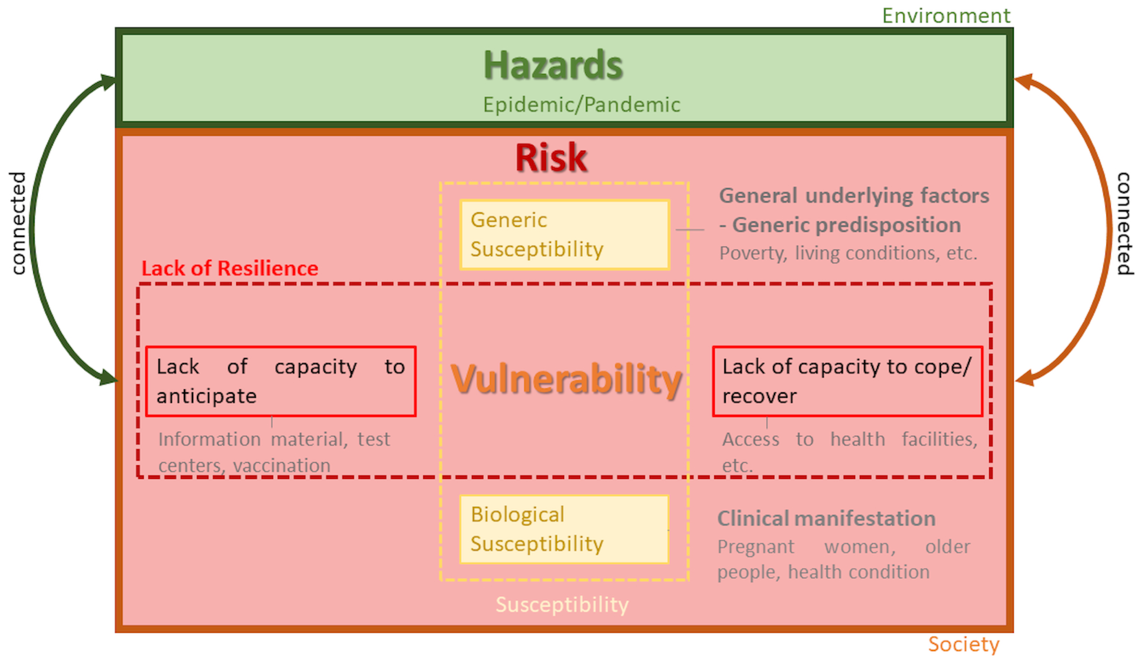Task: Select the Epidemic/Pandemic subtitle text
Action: pos(581,105)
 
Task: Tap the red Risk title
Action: pos(551,157)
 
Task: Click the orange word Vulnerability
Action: pos(566,380)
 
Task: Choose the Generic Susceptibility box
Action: pos(565,235)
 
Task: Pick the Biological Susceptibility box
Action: pos(565,530)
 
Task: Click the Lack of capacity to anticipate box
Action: pos(281,381)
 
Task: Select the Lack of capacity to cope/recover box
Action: pos(847,381)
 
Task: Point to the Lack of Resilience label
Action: pos(230,269)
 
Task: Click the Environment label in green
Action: pos(946,16)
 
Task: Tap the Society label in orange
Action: pos(963,644)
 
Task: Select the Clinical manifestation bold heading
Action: pos(826,518)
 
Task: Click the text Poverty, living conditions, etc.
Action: pos(848,253)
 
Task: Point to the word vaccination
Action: pos(282,466)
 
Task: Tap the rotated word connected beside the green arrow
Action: pos(18,223)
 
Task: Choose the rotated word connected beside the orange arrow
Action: pos(1125,224)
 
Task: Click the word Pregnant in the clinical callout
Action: pos(756,547)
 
